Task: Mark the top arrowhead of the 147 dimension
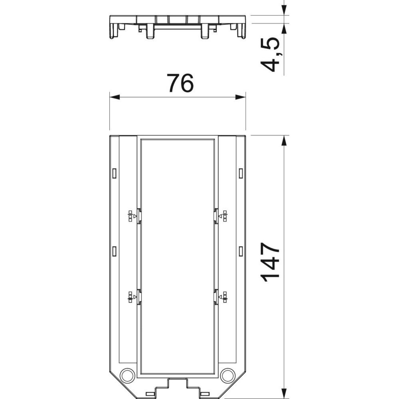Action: [284, 141]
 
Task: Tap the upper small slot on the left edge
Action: [114, 173]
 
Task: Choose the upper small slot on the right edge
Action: [241, 173]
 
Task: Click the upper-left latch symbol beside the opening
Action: [132, 217]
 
